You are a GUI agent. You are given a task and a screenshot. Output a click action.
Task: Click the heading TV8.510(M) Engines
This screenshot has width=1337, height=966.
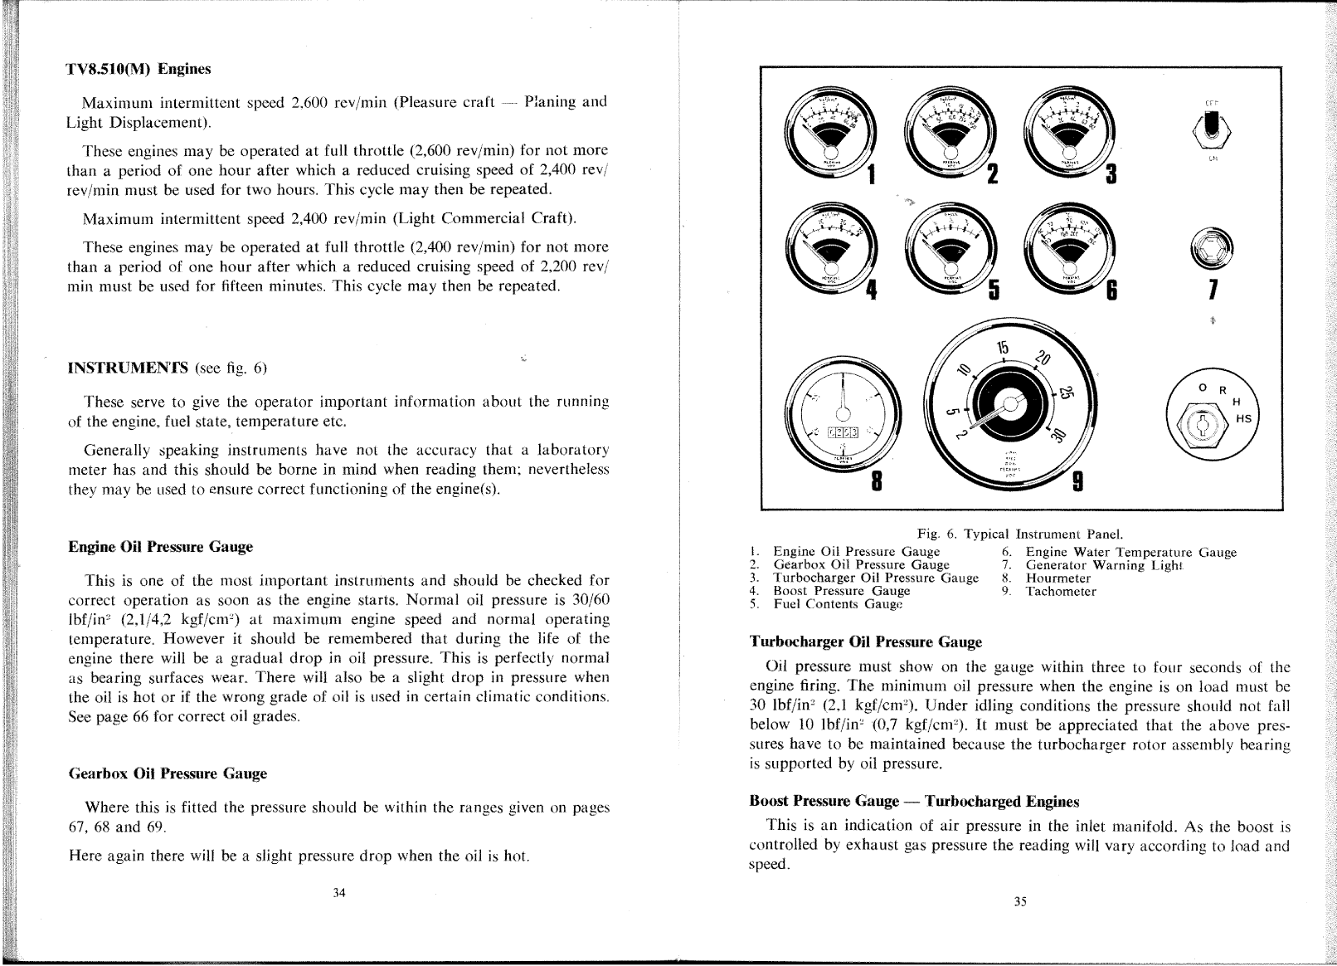pyautogui.click(x=139, y=69)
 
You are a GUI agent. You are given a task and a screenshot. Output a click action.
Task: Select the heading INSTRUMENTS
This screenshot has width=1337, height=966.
pyautogui.click(x=129, y=368)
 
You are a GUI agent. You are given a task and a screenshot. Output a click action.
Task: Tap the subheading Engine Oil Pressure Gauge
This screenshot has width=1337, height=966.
pyautogui.click(x=160, y=547)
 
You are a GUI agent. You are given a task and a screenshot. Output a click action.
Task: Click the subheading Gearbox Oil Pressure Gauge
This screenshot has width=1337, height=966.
pyautogui.click(x=167, y=773)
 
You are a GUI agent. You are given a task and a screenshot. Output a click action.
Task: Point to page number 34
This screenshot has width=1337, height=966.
pyautogui.click(x=338, y=893)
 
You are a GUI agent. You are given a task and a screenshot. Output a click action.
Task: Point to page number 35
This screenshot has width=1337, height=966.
pyautogui.click(x=1020, y=902)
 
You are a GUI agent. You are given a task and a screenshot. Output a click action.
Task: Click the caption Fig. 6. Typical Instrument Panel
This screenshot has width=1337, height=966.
pyautogui.click(x=1019, y=534)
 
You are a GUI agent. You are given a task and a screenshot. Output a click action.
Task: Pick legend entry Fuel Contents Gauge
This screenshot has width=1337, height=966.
pyautogui.click(x=838, y=604)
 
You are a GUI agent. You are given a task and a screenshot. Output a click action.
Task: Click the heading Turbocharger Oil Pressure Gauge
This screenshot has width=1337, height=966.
pyautogui.click(x=865, y=642)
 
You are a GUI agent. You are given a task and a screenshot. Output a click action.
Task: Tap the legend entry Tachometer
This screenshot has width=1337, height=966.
pyautogui.click(x=1061, y=592)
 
